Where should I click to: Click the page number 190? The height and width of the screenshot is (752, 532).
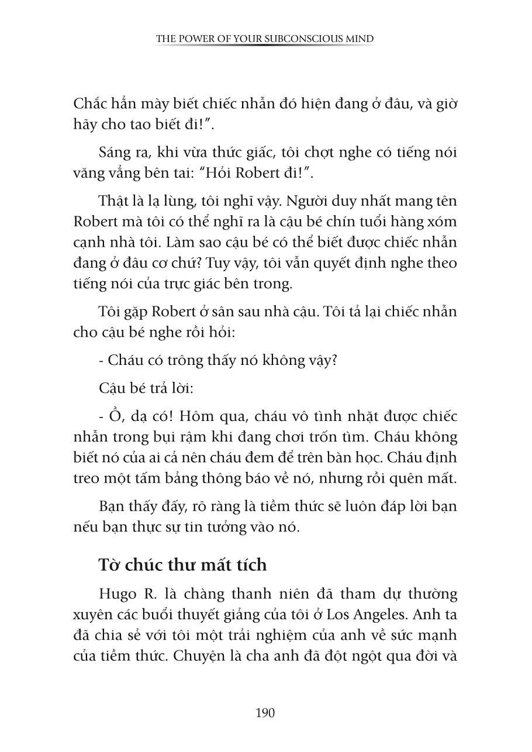265,713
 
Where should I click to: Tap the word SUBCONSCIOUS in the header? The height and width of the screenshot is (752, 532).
278,39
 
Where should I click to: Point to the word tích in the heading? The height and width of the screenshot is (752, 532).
248,565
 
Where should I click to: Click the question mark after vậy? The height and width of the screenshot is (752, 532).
334,360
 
